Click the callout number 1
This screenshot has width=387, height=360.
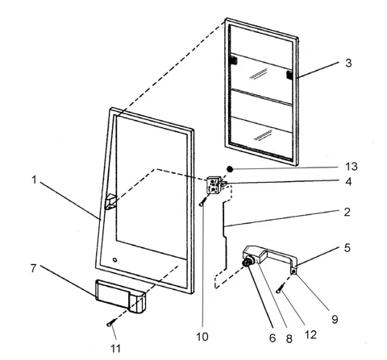tap(34, 180)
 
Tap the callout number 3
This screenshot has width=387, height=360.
tap(348, 63)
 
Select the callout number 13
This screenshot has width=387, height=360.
tap(352, 167)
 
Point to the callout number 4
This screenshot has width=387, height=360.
tap(348, 182)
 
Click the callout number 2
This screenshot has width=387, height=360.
tap(347, 212)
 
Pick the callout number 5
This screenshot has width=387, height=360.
tap(347, 248)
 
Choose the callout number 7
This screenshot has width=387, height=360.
tap(33, 268)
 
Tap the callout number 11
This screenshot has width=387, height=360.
tap(115, 349)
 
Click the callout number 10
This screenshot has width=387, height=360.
tap(202, 337)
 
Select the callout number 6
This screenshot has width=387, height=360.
tap(273, 338)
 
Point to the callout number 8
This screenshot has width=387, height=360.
tap(289, 339)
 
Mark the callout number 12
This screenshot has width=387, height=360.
tap(310, 335)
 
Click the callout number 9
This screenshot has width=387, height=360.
tap(335, 320)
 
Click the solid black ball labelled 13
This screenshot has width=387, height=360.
tap(230, 169)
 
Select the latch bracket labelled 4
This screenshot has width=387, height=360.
tap(216, 184)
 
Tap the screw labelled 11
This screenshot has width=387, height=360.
tap(110, 323)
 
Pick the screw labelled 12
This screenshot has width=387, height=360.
tap(280, 289)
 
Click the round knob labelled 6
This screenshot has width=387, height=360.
tap(247, 261)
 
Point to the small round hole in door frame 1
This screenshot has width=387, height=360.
tap(114, 260)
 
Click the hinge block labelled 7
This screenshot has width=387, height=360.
tap(120, 296)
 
